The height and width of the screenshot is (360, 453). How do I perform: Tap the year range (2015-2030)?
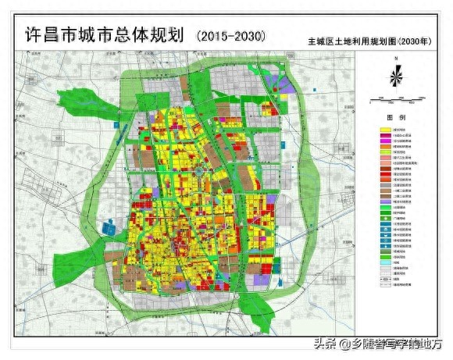pos(233,35)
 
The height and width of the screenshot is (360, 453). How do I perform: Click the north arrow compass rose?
pos(397,77)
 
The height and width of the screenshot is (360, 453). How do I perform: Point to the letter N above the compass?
pos(397,60)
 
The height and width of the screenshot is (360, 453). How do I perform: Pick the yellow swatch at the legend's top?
pos(385,129)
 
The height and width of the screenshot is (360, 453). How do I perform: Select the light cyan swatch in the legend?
pos(385,263)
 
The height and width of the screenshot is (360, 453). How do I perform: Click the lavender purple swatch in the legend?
pos(385,201)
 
